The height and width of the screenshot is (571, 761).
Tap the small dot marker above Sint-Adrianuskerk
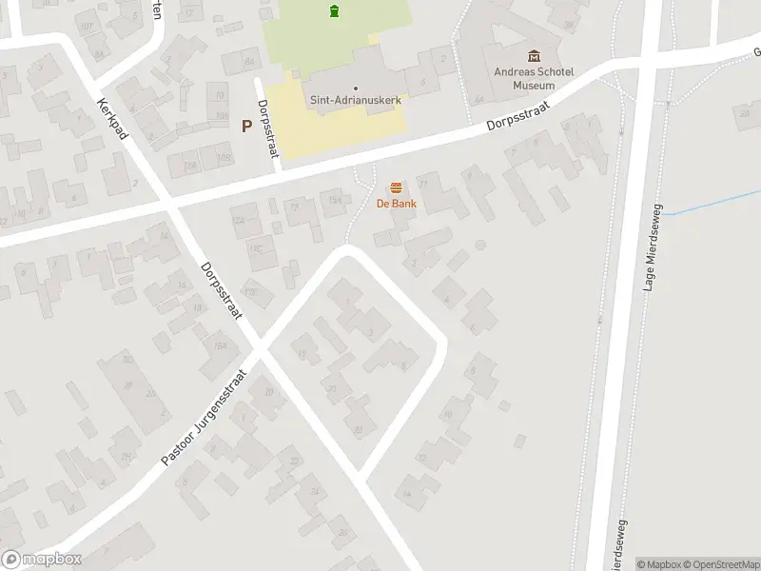pos(355,88)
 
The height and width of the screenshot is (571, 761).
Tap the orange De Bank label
pos(395,204)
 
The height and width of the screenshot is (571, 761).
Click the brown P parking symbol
pos(246,126)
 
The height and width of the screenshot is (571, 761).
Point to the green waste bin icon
pos(334,11)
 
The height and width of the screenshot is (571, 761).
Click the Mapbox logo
pos(40,560)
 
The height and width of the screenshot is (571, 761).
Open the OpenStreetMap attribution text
pos(720,564)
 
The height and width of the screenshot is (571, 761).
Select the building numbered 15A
pos(334,198)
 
